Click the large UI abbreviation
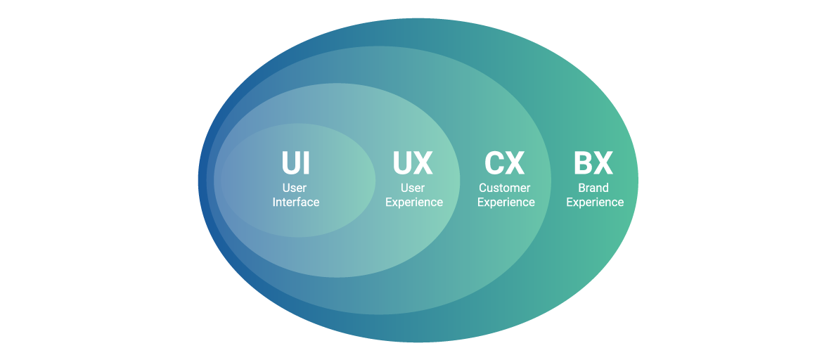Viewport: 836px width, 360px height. point(295,163)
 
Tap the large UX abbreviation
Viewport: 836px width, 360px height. point(413,163)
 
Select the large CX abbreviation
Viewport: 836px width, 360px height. point(505,163)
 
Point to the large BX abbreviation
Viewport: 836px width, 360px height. point(593,163)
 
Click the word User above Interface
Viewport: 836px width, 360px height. point(295,188)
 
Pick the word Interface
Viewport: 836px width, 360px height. point(296,202)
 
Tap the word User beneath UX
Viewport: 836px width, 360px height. point(413,188)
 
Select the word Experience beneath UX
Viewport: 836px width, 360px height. point(414,202)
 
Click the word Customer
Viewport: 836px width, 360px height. point(505,188)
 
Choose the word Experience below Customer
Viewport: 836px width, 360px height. point(506,202)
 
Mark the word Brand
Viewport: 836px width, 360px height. point(593,188)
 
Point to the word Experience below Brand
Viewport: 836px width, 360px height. point(595,202)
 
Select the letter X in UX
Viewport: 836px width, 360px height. point(423,163)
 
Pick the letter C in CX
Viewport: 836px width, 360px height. point(494,163)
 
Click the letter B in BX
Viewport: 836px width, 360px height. point(584,163)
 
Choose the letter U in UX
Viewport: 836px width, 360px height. point(402,163)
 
